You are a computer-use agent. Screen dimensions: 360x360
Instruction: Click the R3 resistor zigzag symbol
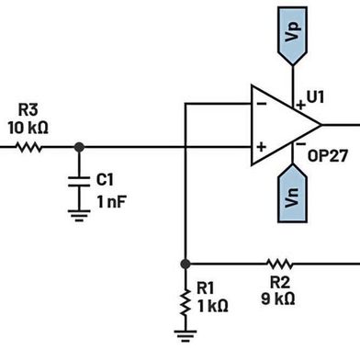click(28, 146)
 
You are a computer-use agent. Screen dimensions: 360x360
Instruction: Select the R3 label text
click(27, 109)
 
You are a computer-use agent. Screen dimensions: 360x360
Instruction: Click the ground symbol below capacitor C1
click(80, 216)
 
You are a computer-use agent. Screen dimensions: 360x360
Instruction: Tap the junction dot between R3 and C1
click(80, 146)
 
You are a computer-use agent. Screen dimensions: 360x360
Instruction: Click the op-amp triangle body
click(280, 124)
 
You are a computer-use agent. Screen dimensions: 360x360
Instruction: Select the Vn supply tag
click(292, 197)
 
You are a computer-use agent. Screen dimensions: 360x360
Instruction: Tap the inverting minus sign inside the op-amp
click(261, 105)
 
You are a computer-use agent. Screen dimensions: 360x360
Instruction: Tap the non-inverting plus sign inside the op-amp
click(261, 145)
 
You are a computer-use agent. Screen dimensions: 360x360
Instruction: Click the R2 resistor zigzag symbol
click(279, 262)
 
